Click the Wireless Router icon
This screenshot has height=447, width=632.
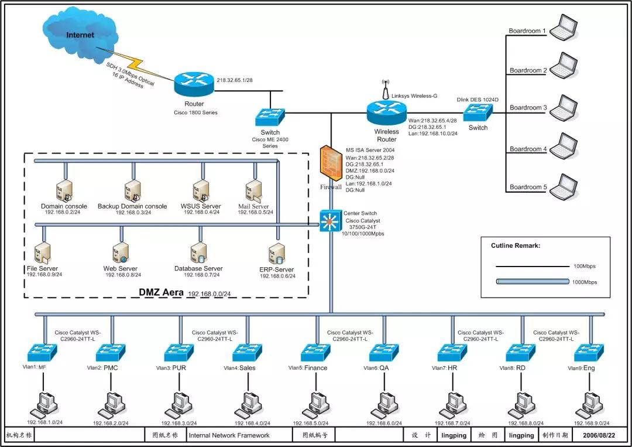(x=386, y=111)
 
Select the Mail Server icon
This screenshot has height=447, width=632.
(x=253, y=191)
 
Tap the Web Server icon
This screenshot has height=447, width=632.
(x=120, y=253)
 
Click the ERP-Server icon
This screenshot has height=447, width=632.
(x=277, y=254)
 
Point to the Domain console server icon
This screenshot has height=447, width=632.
(x=64, y=191)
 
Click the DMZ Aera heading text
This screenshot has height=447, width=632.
(x=162, y=291)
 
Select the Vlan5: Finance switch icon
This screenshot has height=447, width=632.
(x=316, y=352)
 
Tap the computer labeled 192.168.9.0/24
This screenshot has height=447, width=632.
(x=588, y=405)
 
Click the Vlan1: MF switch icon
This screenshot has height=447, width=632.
(x=42, y=352)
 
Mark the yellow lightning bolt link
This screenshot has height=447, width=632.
(x=138, y=64)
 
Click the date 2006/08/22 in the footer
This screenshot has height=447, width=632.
(x=597, y=435)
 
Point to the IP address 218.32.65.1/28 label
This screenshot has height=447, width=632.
(x=234, y=80)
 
